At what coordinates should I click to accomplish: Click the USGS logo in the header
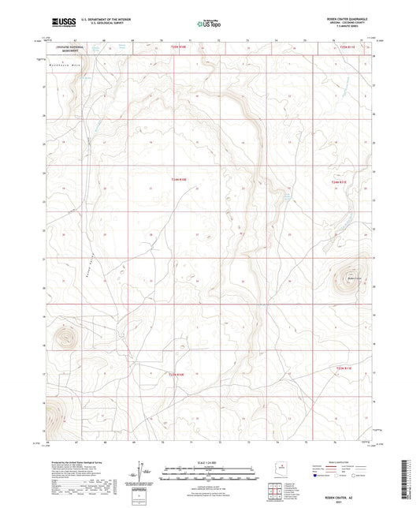point(61,24)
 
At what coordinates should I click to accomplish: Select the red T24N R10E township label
point(180,181)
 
